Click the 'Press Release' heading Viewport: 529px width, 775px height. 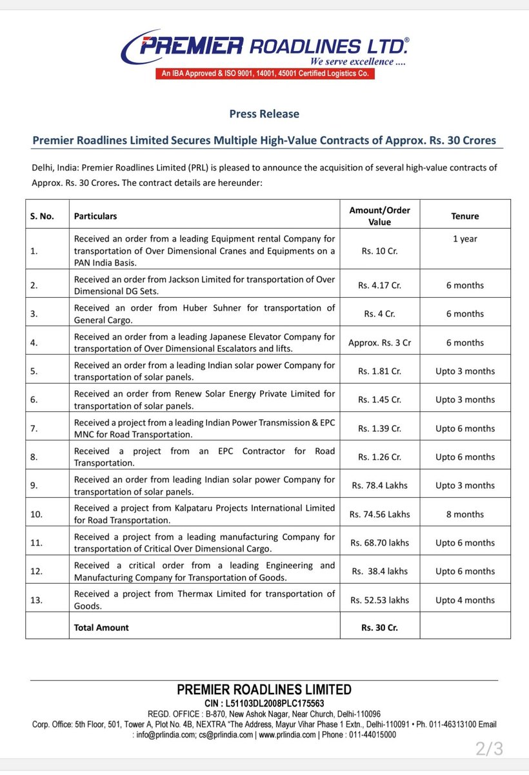264,114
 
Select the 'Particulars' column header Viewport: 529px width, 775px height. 95,216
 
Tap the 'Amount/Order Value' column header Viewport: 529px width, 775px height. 379,216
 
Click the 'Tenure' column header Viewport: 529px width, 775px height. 464,216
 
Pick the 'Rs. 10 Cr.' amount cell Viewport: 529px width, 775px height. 379,251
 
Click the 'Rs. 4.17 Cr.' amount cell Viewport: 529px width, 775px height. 379,285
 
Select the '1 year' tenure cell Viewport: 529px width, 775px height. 464,239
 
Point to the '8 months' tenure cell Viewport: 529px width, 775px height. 464,514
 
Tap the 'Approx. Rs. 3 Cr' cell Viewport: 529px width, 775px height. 379,342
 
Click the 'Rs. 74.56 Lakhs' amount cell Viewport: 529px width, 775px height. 379,514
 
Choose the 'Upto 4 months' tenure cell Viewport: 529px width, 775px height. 464,600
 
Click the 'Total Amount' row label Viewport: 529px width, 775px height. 101,627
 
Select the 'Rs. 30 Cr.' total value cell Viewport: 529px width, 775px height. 379,627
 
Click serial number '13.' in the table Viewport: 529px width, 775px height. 36,600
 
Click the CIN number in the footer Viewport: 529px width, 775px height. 264,703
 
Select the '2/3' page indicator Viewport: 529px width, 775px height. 489,749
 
